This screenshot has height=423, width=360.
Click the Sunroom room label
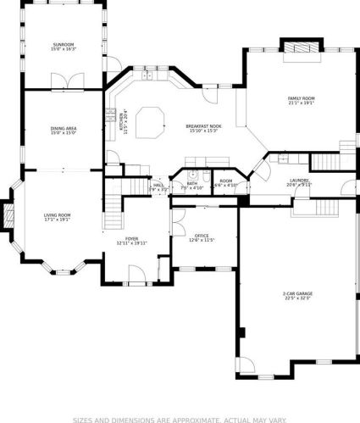click(x=64, y=44)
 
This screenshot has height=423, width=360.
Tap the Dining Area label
click(x=64, y=129)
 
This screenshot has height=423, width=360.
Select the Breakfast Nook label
click(x=202, y=127)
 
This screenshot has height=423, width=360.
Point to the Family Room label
click(x=301, y=98)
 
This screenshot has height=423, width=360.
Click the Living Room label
click(x=58, y=215)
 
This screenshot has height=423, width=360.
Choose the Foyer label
click(x=132, y=239)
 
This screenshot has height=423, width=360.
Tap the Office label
click(x=202, y=236)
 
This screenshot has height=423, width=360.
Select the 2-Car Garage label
click(x=296, y=294)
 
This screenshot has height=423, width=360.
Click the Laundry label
click(x=299, y=180)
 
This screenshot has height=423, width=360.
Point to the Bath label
click(x=192, y=182)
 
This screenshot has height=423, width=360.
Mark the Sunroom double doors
click(x=64, y=81)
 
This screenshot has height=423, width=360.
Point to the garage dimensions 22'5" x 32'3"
click(x=297, y=299)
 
